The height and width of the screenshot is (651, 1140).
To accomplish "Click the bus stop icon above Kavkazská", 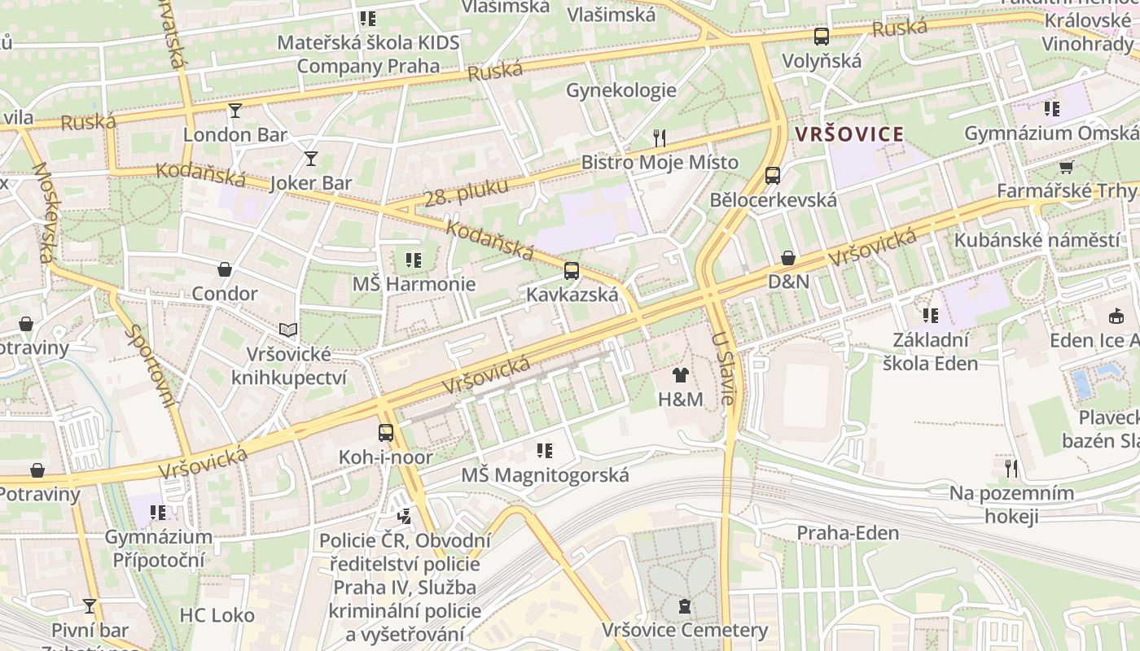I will pos(572,271).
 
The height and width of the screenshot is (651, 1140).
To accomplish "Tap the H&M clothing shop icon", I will pos(681,375).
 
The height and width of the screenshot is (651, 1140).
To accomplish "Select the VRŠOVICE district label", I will pos(849,134).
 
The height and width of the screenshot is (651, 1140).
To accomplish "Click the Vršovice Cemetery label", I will pos(685,630).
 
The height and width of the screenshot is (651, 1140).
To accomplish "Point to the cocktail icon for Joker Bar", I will pos(310,158).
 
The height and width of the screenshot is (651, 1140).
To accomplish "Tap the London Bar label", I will pos(235,134).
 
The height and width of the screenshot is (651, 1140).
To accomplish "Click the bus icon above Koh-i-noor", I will pos(386,433).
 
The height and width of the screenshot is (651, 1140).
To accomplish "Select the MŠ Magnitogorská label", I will pos(545,474).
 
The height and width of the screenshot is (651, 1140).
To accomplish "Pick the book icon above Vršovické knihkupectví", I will pos(288,330).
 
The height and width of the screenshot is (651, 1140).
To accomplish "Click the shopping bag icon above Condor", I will pos(225,269).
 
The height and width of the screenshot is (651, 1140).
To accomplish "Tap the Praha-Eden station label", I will pos(848,533).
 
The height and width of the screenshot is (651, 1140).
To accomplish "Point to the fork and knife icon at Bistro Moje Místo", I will pos(660,138).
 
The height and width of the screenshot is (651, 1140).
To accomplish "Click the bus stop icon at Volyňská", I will pos(821,37).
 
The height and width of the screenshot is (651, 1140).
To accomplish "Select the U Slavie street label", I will pos(723,368).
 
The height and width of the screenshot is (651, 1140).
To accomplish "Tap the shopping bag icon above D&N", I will pos(788,258).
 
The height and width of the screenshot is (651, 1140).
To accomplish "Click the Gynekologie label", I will pos(621,90).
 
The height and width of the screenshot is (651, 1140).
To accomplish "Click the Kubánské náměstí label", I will pos(1037,240).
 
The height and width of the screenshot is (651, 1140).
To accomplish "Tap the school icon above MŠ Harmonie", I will pos(414,260).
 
